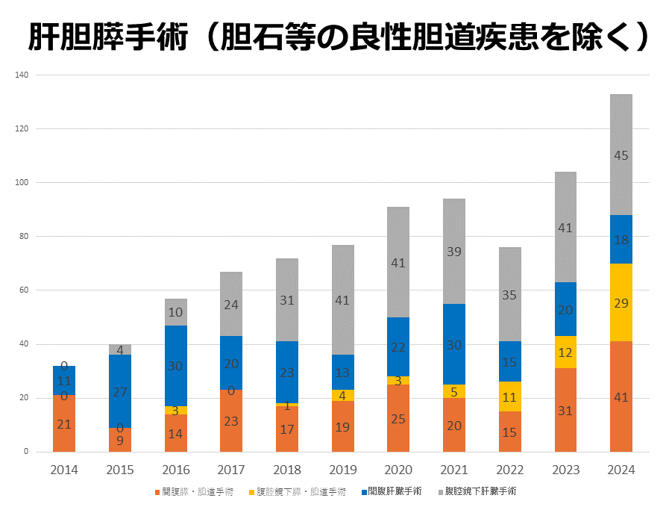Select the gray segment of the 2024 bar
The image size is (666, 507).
(x=621, y=155)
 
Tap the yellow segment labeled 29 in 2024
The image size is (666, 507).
(x=621, y=302)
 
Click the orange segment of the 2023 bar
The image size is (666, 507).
(x=565, y=410)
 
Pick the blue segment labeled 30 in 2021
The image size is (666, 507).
(x=454, y=344)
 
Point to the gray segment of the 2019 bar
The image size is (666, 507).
(x=342, y=300)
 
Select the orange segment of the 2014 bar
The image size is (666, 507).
(x=64, y=423)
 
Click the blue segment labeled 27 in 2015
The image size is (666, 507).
(x=120, y=391)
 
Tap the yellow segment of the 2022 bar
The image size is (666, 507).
(x=509, y=396)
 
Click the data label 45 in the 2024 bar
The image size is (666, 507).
(x=621, y=155)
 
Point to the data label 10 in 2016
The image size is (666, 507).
(x=175, y=312)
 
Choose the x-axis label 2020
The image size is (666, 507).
(x=398, y=470)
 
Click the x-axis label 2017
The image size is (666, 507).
(x=231, y=470)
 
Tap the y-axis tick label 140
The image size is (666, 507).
(x=21, y=75)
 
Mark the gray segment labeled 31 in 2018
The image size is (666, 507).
(x=287, y=300)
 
